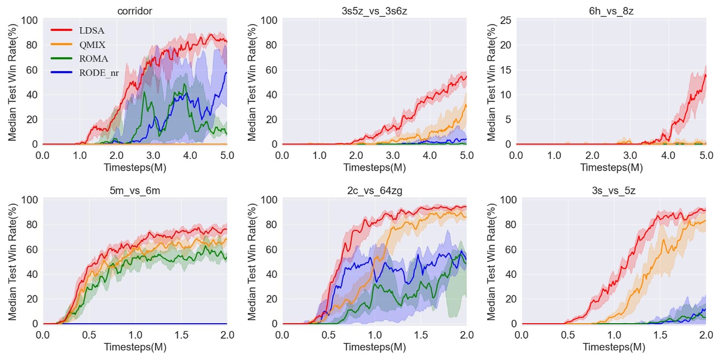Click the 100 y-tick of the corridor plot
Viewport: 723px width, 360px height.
tap(29, 21)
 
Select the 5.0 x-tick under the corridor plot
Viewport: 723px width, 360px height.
tap(227, 155)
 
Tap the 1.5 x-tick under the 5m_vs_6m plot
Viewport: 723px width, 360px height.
tap(181, 334)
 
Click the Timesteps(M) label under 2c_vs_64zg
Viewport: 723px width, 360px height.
tap(374, 347)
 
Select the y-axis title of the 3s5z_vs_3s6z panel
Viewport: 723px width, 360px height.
tap(253, 83)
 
